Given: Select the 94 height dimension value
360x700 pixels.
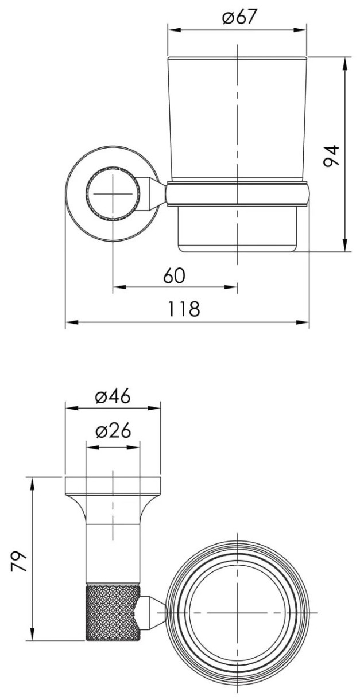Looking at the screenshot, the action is click(x=331, y=155).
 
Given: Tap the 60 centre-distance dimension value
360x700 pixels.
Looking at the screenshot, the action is click(x=174, y=275).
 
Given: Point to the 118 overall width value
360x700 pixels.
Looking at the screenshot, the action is click(x=183, y=309).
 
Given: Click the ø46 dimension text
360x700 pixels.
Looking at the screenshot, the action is click(x=113, y=397).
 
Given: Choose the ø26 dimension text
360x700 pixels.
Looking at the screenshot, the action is click(x=113, y=431).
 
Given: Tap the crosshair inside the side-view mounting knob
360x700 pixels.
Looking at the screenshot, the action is click(x=113, y=193).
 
